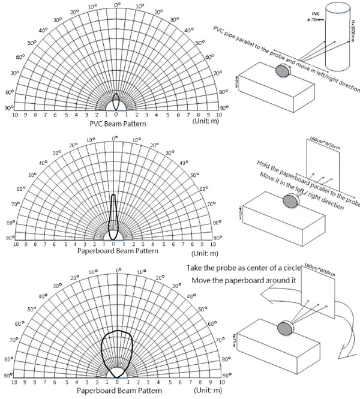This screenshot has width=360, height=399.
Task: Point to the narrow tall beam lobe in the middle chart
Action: [x=113, y=216]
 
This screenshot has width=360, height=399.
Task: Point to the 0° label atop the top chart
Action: [x=116, y=5]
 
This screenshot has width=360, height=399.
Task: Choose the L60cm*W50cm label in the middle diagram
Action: [x=322, y=143]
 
